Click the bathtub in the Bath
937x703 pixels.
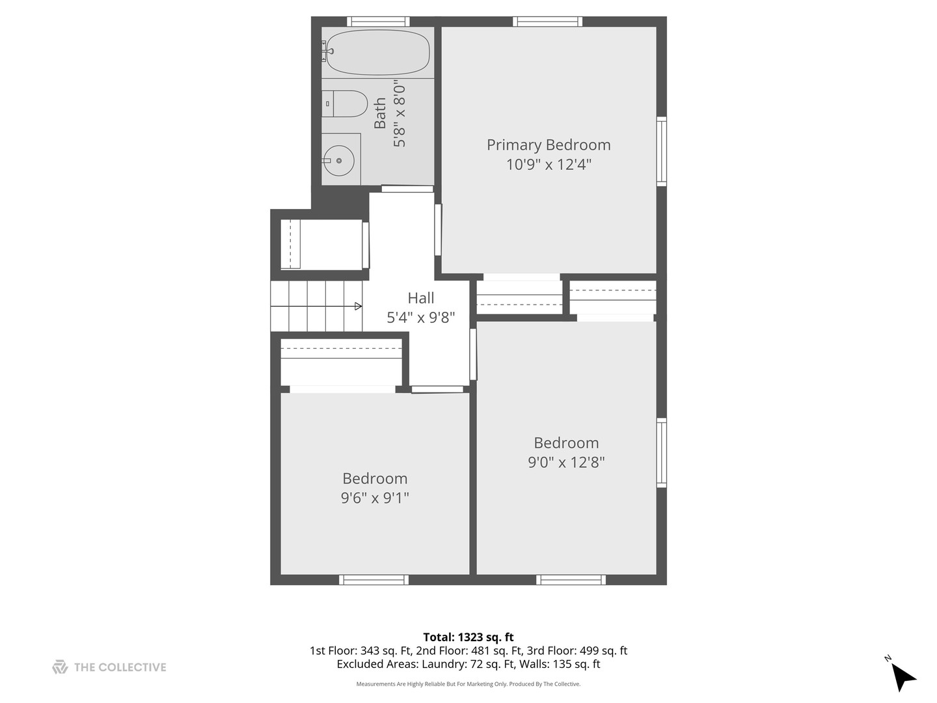[377, 52]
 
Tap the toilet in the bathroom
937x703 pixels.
[344, 103]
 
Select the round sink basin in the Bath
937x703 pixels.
[338, 161]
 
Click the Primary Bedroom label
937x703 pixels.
[549, 145]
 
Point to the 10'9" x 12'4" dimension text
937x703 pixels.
[549, 164]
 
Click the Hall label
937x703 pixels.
[421, 298]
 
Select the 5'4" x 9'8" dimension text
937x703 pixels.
[421, 318]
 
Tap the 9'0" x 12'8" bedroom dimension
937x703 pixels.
[566, 462]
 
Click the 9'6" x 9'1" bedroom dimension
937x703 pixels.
[375, 498]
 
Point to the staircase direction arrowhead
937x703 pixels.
[359, 306]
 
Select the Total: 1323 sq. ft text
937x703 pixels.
[468, 637]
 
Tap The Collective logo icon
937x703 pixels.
[61, 667]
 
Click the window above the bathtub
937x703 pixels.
[378, 21]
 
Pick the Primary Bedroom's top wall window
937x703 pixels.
[547, 21]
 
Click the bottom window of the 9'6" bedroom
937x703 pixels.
[373, 579]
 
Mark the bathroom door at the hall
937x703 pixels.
[407, 189]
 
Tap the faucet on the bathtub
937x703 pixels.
[327, 51]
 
